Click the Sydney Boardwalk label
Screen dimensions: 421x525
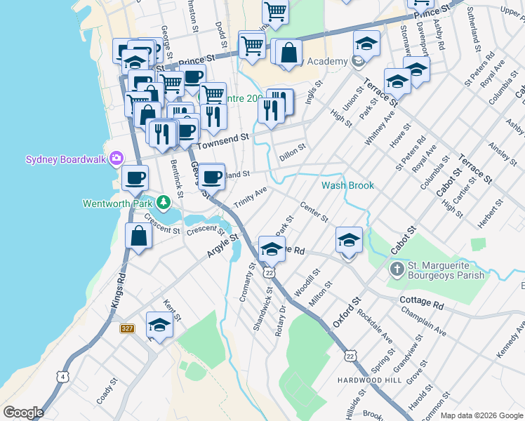coord(65,159)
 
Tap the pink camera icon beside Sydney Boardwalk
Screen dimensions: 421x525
coord(116,159)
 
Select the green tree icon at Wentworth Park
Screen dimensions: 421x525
coord(163,203)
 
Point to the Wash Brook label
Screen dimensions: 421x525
coord(347,186)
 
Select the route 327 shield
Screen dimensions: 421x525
coord(126,328)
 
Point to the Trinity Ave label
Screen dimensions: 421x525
coord(251,193)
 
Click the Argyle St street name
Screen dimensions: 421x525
coord(224,246)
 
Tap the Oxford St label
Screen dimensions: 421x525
coord(346,314)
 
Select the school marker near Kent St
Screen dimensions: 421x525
coord(159,326)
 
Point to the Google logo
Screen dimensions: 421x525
coord(23,413)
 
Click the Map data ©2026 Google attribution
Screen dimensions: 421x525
coord(481,415)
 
